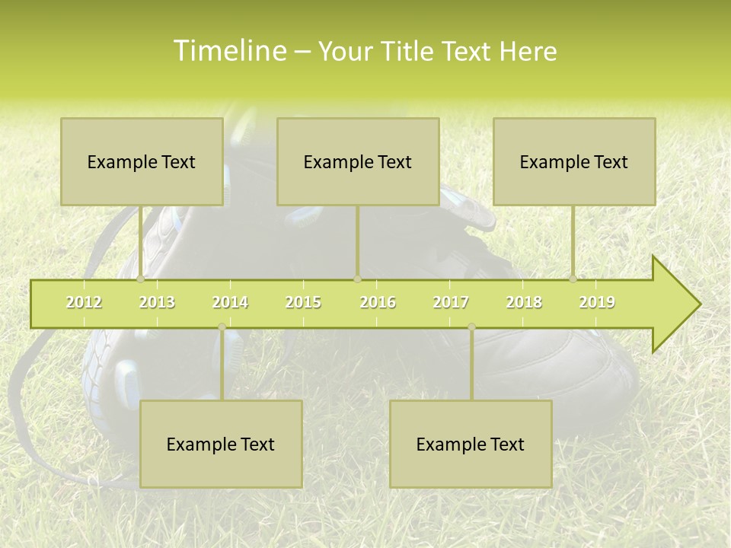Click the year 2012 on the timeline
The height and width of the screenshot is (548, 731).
point(84,303)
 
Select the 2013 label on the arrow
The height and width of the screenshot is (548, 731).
point(157,303)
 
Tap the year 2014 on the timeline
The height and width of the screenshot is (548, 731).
point(230,303)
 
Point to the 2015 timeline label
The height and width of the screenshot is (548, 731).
point(303,303)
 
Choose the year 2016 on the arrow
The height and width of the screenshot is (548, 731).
point(378,303)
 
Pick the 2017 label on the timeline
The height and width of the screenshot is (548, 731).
point(451,303)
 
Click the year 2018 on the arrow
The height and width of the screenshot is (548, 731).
point(524,303)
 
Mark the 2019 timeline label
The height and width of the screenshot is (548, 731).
point(597,303)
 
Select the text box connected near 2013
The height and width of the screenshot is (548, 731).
point(142,161)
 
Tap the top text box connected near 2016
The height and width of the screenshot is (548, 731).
point(358,161)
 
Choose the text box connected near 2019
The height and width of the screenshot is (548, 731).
point(574,161)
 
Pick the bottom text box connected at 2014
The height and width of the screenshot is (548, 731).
point(221,444)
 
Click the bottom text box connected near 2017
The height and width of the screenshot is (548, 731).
point(471,444)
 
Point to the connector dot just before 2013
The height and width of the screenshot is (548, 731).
point(141,279)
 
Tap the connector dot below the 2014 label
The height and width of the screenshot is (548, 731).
point(222,327)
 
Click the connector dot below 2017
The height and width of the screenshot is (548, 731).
point(471,327)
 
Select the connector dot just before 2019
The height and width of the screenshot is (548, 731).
point(573,279)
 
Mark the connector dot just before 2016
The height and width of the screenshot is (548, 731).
point(357,279)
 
